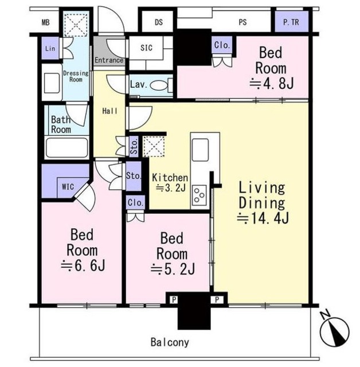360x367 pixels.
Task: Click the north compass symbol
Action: (x=335, y=330)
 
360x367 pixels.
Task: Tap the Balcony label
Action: (x=170, y=342)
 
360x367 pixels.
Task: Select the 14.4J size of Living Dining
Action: (x=263, y=218)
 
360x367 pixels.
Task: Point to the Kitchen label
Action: (x=170, y=178)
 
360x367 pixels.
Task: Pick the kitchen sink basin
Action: (x=200, y=150)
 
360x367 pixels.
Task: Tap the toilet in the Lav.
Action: (x=161, y=85)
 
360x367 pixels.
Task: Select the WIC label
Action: (x=68, y=187)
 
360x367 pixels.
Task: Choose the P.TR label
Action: (x=291, y=22)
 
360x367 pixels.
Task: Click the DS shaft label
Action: (x=159, y=22)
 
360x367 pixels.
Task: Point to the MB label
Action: (x=46, y=22)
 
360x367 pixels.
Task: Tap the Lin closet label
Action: (x=50, y=48)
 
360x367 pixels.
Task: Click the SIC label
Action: (x=146, y=48)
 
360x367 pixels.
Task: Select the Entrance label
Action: (x=109, y=60)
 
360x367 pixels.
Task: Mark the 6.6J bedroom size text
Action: (x=83, y=266)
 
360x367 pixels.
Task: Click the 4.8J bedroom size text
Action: (x=271, y=84)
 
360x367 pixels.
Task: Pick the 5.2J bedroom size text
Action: (x=173, y=269)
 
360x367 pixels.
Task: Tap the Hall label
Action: (x=109, y=111)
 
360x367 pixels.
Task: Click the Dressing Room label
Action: (x=76, y=76)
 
